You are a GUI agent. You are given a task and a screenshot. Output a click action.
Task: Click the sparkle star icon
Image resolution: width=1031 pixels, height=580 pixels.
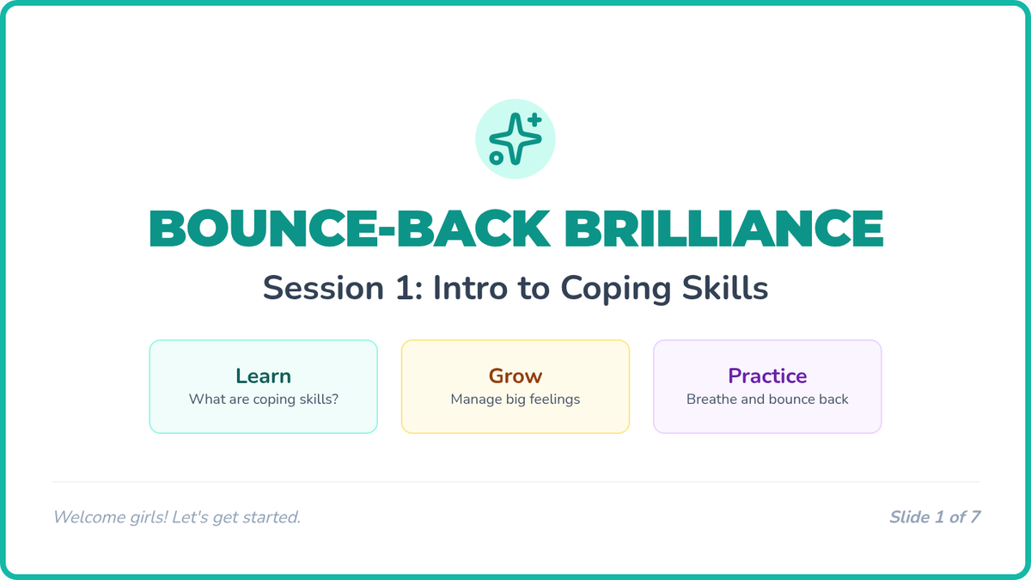click(x=515, y=138)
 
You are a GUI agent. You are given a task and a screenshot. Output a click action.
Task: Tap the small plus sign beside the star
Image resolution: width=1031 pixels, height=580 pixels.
click(x=534, y=119)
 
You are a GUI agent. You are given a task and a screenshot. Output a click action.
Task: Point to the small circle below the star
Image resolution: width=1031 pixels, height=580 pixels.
click(x=497, y=158)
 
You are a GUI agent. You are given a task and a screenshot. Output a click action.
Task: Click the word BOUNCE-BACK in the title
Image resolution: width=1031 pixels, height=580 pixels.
click(x=350, y=229)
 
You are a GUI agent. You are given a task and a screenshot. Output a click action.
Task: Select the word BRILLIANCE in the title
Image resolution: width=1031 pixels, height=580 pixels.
click(x=724, y=229)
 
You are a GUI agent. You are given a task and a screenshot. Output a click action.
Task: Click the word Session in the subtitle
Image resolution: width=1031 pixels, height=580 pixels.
click(x=323, y=288)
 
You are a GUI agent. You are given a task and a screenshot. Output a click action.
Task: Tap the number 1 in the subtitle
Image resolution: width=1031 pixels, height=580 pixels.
click(x=405, y=288)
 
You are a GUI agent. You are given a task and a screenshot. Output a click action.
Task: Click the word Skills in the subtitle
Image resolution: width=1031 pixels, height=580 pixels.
click(x=725, y=288)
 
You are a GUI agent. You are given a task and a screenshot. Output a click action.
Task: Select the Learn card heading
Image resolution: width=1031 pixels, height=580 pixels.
click(x=263, y=376)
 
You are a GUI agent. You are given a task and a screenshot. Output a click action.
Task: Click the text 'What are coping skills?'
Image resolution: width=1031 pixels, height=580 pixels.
click(x=263, y=399)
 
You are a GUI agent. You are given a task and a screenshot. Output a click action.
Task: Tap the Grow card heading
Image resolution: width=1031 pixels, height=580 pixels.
click(x=515, y=376)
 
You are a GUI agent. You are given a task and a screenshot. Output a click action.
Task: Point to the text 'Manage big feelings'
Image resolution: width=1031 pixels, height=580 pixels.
click(x=515, y=399)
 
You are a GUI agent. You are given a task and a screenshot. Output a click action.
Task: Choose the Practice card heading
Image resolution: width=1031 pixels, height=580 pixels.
click(x=767, y=376)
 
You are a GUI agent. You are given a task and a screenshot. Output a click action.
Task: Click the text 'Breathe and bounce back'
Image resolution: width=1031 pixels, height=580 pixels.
click(x=767, y=399)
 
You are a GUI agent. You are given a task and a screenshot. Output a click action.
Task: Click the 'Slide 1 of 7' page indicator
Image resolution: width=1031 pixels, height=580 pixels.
click(x=935, y=517)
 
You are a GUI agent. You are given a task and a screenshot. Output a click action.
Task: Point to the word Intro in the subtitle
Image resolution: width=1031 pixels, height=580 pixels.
click(x=469, y=288)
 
